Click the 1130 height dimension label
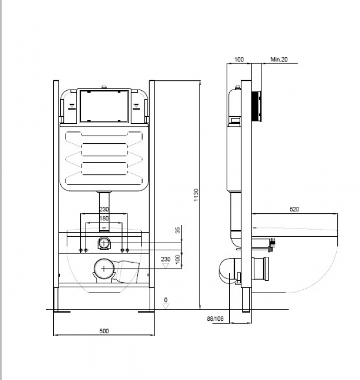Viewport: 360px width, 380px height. click(196, 195)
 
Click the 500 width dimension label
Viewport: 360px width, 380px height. click(104, 331)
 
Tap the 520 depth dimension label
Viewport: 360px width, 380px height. click(294, 209)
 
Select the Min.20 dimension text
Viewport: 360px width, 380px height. click(279, 59)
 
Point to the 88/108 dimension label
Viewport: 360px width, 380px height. click(215, 319)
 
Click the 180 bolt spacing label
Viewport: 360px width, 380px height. click(104, 218)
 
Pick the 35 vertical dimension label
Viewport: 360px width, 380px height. click(178, 230)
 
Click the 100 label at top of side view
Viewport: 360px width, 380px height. click(239, 59)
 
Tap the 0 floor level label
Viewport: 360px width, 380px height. click(165, 300)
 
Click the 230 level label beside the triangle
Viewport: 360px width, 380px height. click(165, 259)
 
